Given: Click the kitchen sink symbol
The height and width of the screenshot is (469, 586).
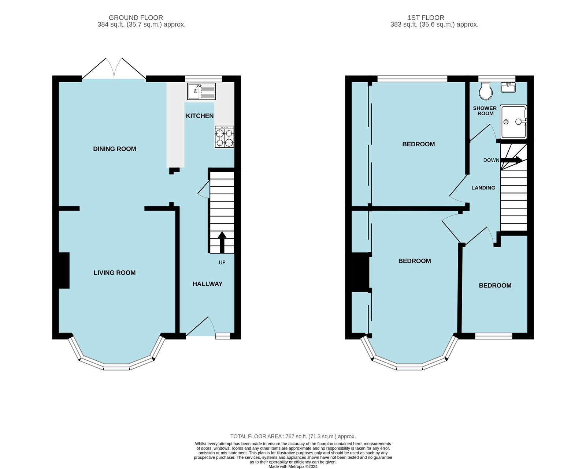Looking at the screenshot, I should pyautogui.click(x=201, y=91).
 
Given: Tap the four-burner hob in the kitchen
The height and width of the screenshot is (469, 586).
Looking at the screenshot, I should pyautogui.click(x=224, y=137).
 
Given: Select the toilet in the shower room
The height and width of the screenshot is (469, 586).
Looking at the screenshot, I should pyautogui.click(x=486, y=91).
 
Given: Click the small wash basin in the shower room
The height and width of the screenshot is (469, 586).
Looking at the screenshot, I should pyautogui.click(x=508, y=87).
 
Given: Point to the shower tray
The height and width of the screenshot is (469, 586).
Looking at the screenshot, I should pyautogui.click(x=513, y=122).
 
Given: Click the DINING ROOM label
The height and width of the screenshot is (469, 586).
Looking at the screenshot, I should pyautogui.click(x=114, y=149).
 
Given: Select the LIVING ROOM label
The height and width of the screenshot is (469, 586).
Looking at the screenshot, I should pyautogui.click(x=114, y=273).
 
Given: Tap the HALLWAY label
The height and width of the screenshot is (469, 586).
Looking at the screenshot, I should pyautogui.click(x=207, y=284).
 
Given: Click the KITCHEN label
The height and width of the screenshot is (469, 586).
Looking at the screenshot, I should pyautogui.click(x=200, y=116).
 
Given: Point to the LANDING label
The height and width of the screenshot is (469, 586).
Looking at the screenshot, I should pyautogui.click(x=483, y=188).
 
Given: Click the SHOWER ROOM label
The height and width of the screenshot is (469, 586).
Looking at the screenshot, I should pyautogui.click(x=485, y=111).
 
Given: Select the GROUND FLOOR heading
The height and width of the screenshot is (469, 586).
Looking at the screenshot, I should pyautogui.click(x=136, y=18).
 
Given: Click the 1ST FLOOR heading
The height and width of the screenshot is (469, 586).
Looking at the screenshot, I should pyautogui.click(x=426, y=18).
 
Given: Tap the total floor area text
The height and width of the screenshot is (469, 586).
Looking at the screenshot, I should pyautogui.click(x=293, y=436).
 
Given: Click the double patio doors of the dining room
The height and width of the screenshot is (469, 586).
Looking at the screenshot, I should pyautogui.click(x=114, y=69).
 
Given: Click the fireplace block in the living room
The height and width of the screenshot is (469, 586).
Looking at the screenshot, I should pyautogui.click(x=64, y=270).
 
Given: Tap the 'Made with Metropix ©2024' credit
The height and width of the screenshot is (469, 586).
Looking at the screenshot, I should pyautogui.click(x=293, y=466).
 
